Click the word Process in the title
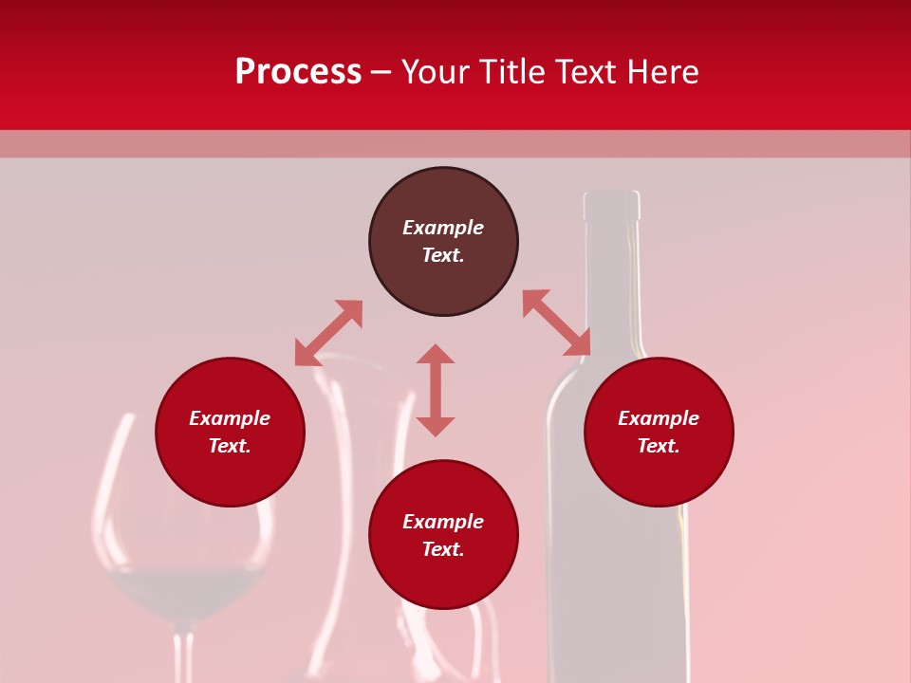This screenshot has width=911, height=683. coord(298,73)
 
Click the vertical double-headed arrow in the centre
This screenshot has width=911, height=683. coord(436,390)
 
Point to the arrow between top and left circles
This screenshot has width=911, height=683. coord(328,333)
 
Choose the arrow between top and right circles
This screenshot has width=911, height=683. coord(556,323)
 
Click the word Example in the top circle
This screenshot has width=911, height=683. coord(443,228)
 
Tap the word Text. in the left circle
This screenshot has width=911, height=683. coord(230,446)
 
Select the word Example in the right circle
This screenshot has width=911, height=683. coord(659,418)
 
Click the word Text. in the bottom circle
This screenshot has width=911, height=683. coord(443,549)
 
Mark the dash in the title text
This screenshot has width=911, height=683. coord(381,73)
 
